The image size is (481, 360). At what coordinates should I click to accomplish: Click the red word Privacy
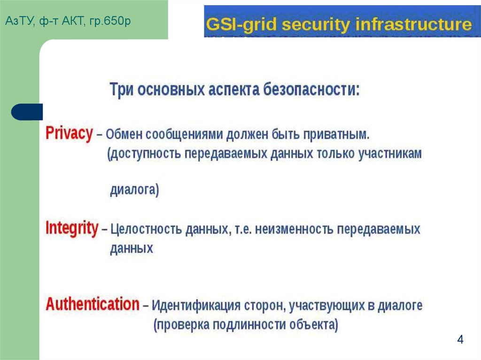pos(69,134)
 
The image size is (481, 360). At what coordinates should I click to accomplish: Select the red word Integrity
pos(72,229)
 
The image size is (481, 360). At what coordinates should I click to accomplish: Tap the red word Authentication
pos(93,304)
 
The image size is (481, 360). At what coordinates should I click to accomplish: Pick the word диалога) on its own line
pos(134,190)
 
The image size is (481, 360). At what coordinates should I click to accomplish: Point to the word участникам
pos(391,153)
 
